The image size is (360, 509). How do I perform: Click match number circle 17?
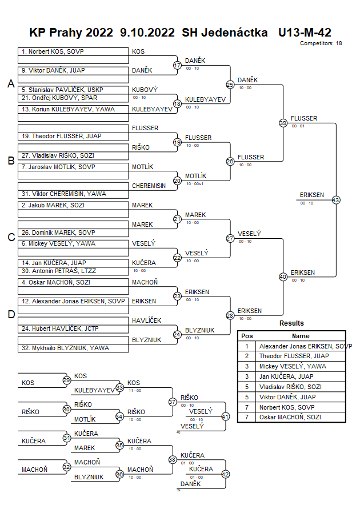[x=177, y=65]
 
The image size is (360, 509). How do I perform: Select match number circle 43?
[x=335, y=200]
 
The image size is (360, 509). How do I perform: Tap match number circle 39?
[x=283, y=123]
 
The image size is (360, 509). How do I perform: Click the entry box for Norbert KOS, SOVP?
[x=73, y=51]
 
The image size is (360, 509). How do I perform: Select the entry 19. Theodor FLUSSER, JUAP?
[x=73, y=136]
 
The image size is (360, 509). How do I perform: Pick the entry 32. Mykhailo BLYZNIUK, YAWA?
[x=73, y=348]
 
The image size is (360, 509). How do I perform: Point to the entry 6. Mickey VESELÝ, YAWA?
[x=73, y=243]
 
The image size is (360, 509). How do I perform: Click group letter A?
[x=10, y=84]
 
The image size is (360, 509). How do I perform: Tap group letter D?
[x=10, y=314]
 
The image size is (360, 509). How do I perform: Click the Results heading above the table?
[x=291, y=323]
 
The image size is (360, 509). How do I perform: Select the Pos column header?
[x=247, y=336]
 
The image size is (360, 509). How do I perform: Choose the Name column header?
[x=301, y=336]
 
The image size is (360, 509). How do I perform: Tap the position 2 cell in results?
[x=247, y=356]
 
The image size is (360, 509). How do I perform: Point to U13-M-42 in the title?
[x=304, y=33]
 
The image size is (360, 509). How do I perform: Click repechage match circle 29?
[x=66, y=380]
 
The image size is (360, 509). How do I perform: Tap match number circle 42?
[x=225, y=474]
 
